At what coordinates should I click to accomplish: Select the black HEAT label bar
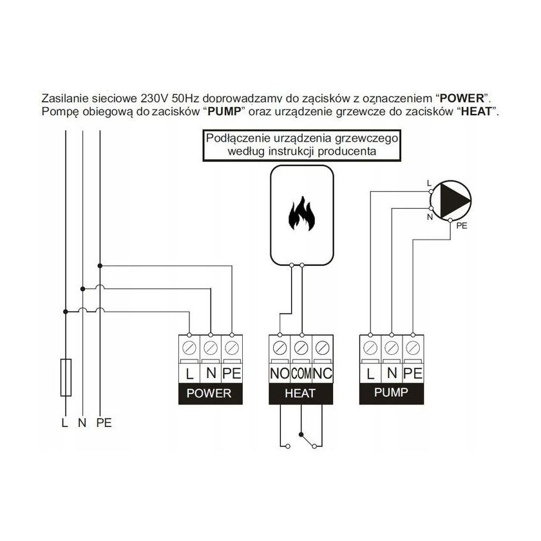click(x=299, y=394)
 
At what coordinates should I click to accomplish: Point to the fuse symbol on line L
click(x=65, y=377)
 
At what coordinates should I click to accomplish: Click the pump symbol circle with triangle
click(x=450, y=196)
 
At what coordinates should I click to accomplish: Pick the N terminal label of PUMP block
click(x=390, y=373)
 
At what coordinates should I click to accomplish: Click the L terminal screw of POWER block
click(x=189, y=348)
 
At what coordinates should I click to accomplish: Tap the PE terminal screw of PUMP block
click(x=412, y=348)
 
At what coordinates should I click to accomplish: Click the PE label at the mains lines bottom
click(x=103, y=423)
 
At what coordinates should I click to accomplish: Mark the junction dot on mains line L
click(x=65, y=312)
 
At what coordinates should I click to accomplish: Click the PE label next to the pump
click(x=461, y=227)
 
